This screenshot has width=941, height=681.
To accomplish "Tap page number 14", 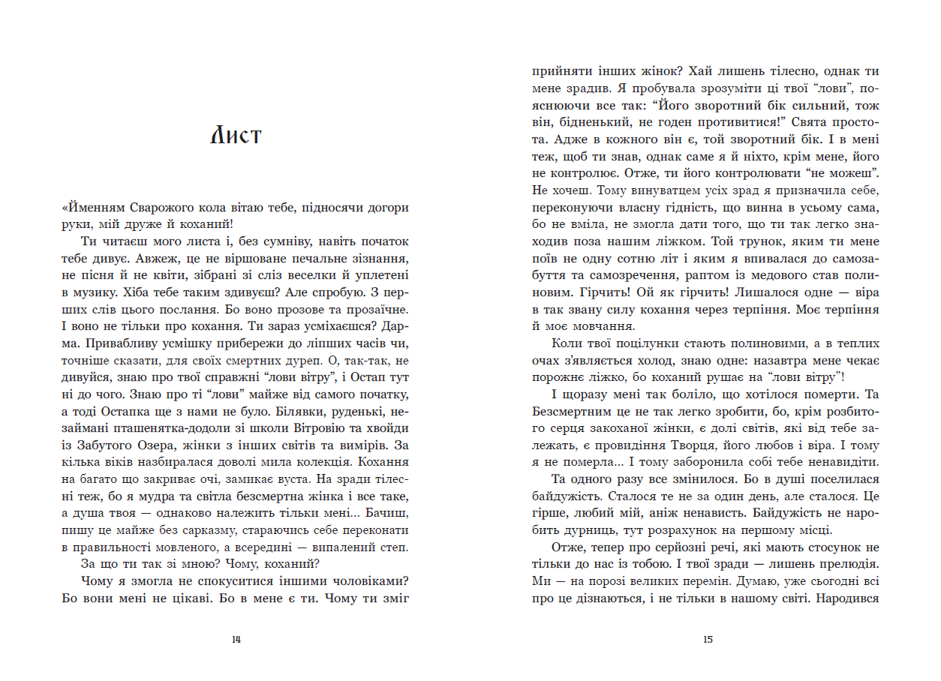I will click(236, 640).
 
